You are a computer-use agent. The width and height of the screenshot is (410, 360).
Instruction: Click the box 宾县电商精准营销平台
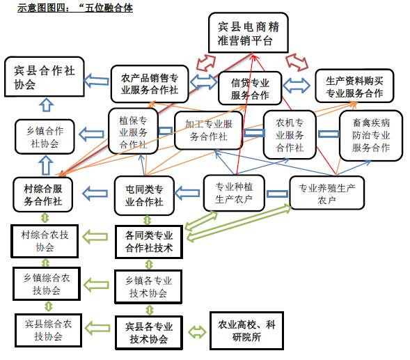coord(248,33)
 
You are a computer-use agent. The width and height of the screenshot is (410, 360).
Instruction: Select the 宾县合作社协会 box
coord(45,77)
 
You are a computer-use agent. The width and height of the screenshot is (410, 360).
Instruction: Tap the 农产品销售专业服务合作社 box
coord(150,84)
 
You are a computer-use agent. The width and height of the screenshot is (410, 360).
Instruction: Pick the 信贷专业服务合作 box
coord(250,88)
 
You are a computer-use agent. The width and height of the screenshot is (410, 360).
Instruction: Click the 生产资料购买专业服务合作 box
coord(354,86)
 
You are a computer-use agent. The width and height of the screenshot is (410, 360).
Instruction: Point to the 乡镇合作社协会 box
coord(45,136)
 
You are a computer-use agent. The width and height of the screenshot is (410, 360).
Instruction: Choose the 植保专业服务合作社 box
coord(133,131)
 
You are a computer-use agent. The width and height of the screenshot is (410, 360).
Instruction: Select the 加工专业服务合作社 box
coord(208,130)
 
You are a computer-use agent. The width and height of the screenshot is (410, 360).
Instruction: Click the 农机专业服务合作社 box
coord(290,134)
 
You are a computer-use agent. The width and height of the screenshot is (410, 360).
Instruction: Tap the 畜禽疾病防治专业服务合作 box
coord(371,135)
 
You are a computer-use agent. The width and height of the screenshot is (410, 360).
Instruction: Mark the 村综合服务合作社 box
coord(43,194)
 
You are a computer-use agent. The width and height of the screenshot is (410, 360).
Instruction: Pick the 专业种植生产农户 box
coord(234,193)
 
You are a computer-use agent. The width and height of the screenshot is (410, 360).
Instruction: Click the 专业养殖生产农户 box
coord(327,193)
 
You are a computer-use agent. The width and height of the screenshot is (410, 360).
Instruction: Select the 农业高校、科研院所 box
coord(246,331)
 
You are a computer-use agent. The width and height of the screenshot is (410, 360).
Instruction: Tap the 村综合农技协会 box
coord(45,241)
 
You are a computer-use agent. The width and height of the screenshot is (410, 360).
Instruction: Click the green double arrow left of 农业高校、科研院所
coord(197,331)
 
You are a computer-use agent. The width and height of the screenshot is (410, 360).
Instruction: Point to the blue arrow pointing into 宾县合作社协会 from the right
coord(97,81)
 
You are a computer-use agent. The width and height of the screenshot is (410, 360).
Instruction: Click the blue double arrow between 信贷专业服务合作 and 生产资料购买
coord(297,85)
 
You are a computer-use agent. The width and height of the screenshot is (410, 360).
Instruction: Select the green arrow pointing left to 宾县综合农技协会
coord(97,328)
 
